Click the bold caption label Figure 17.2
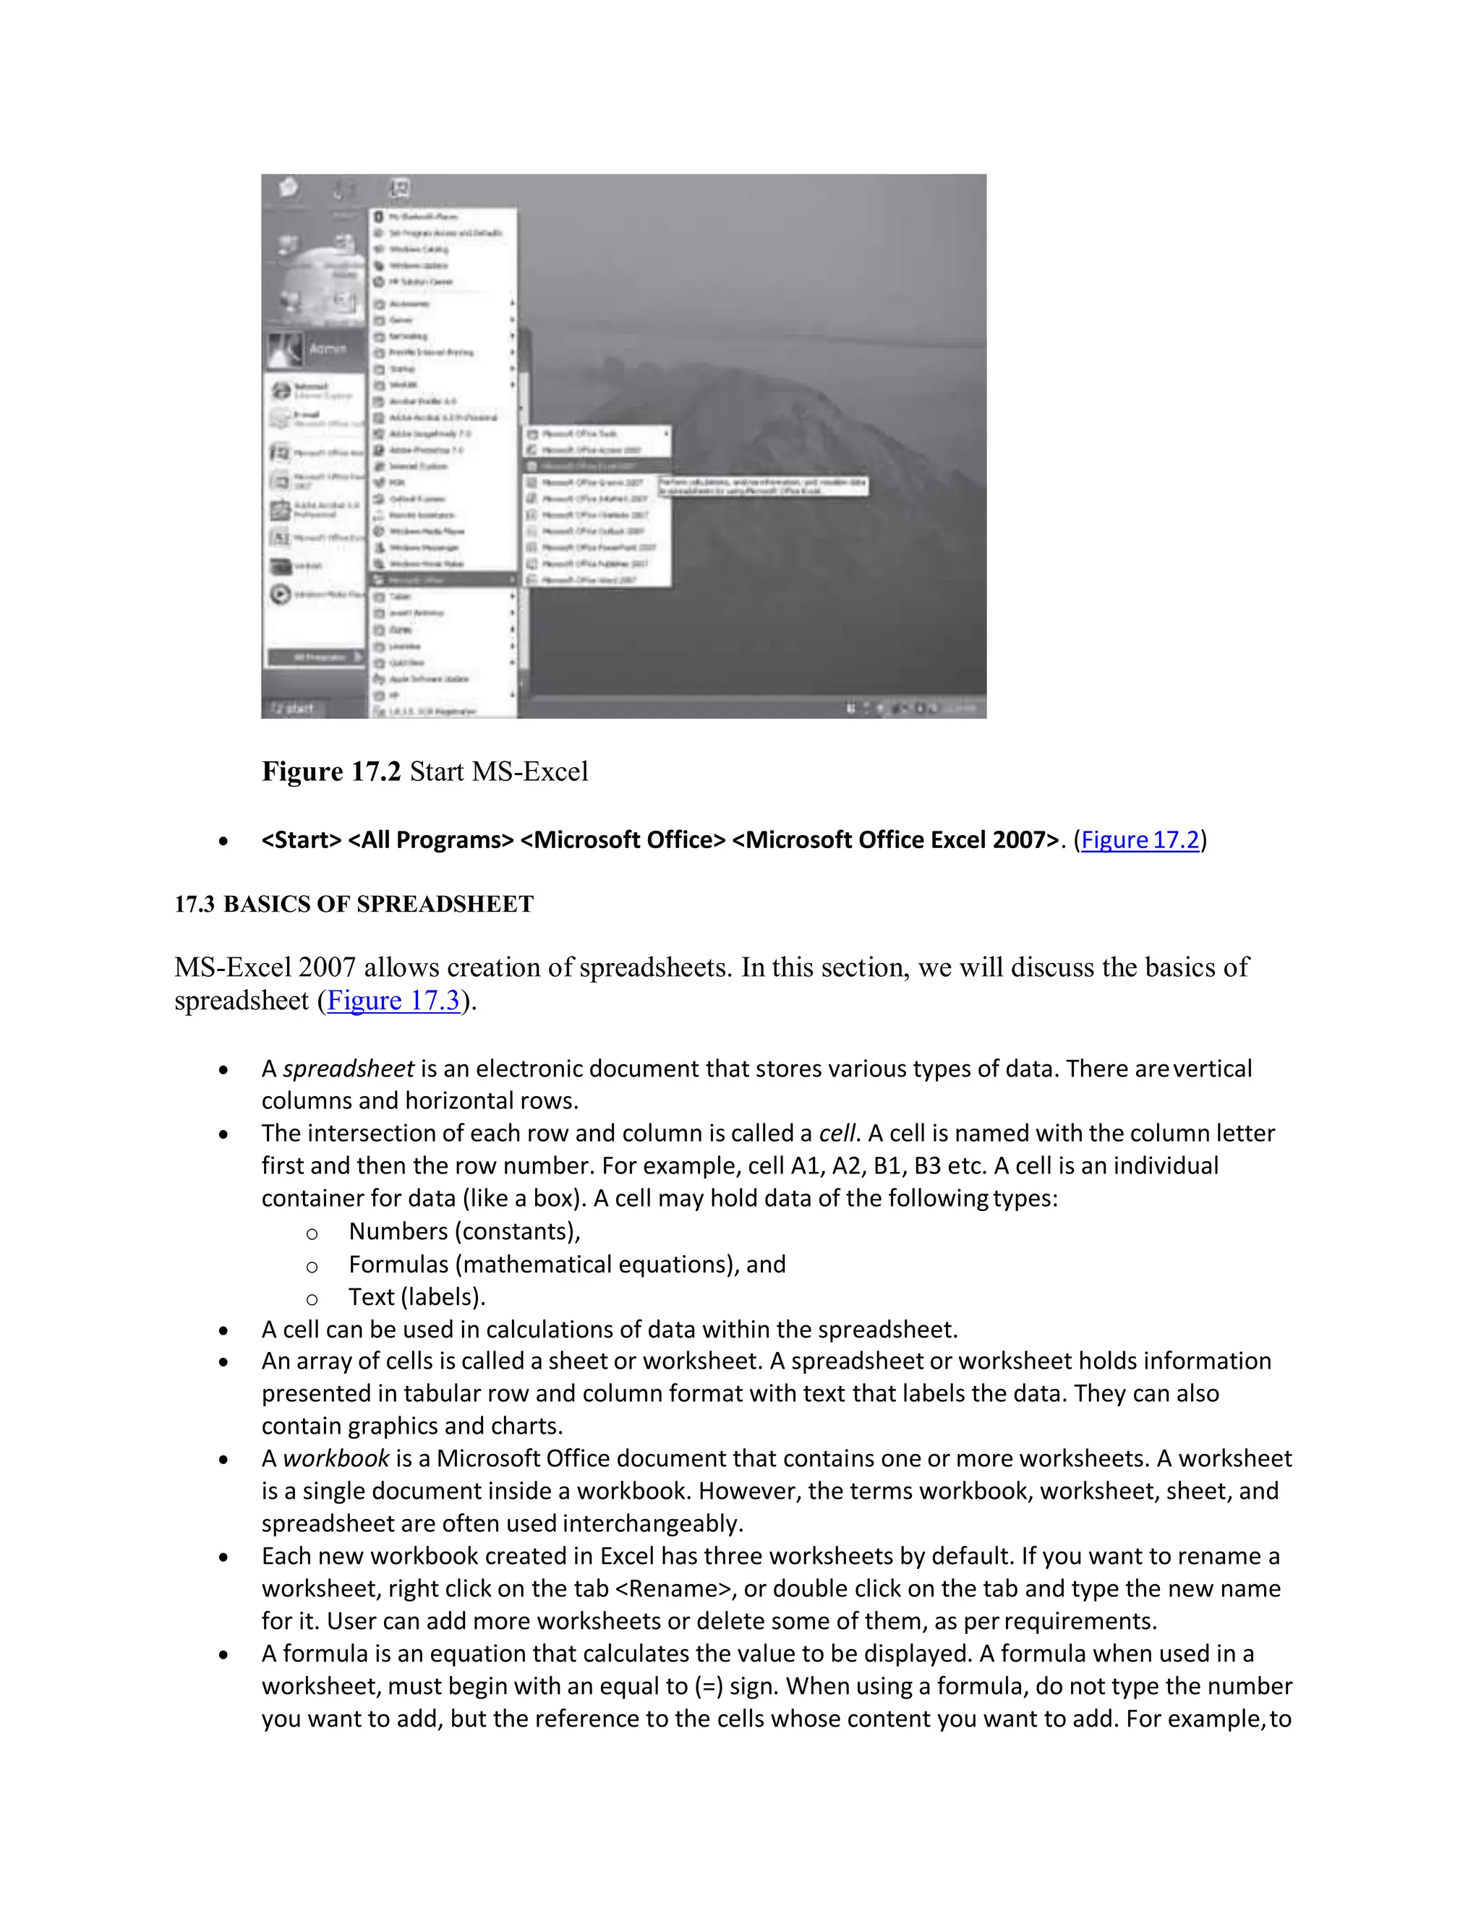coord(330,772)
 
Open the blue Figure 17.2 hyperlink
coord(1139,840)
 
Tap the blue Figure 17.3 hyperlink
coord(393,1001)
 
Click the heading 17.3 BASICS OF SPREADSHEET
coord(354,904)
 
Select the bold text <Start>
coord(301,840)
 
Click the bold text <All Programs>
coord(430,840)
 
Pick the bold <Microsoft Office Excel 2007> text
coord(895,840)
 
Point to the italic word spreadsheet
coord(347,1069)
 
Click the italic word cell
coord(836,1134)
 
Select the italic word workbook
coord(335,1459)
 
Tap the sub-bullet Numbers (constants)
coord(464,1232)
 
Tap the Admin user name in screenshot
coord(328,349)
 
